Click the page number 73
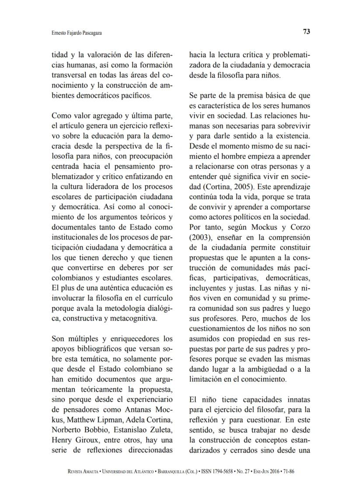click(306, 31)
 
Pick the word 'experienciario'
click(150, 399)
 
